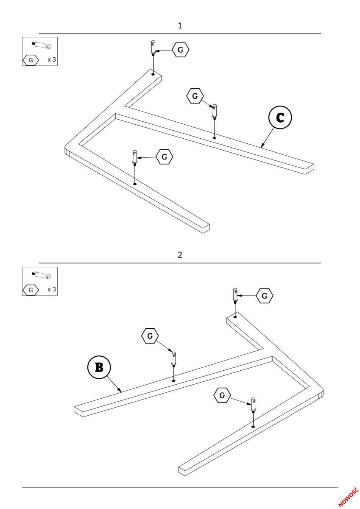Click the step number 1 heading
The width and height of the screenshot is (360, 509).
pos(180,26)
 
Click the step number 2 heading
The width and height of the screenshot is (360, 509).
pos(180,255)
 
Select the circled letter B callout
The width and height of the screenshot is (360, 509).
pos(98,367)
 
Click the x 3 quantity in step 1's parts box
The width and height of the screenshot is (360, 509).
pos(52,60)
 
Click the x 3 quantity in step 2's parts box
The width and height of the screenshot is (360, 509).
pos(52,289)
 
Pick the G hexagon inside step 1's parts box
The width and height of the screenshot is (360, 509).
pos(31,60)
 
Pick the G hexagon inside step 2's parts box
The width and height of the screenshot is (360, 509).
pos(31,290)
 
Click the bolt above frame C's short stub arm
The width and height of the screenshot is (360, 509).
pos(153,48)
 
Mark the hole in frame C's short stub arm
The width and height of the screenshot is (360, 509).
pos(153,74)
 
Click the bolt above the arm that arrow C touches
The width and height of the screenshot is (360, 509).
pos(215,111)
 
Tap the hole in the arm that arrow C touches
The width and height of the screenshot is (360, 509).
pos(215,137)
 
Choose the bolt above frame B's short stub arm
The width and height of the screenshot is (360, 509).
pos(234,295)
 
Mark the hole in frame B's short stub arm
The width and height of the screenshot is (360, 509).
pos(234,316)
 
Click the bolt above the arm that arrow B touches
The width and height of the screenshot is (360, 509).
pos(174,358)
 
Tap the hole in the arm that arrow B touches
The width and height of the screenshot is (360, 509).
pos(174,380)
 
